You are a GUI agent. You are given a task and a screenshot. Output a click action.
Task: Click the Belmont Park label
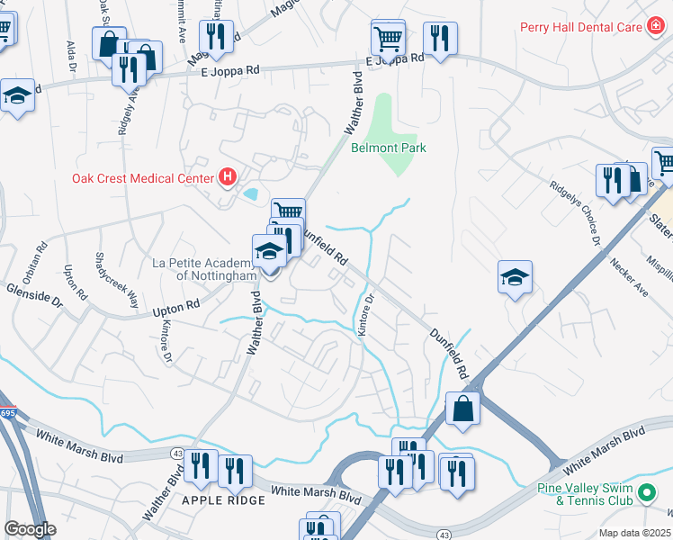pyautogui.click(x=388, y=148)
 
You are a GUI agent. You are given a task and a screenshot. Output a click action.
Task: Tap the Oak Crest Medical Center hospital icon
pyautogui.click(x=228, y=177)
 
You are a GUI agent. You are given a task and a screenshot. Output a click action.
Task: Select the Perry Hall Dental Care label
pyautogui.click(x=580, y=27)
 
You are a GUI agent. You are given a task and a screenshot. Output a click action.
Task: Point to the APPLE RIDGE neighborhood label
pyautogui.click(x=224, y=499)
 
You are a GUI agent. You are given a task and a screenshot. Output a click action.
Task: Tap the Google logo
pyautogui.click(x=30, y=529)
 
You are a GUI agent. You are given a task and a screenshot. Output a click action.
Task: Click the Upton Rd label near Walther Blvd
pyautogui.click(x=175, y=308)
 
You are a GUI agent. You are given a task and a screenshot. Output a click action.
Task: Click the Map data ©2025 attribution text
pyautogui.click(x=635, y=533)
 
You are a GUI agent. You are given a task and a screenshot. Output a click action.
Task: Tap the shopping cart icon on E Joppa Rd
pyautogui.click(x=388, y=38)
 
